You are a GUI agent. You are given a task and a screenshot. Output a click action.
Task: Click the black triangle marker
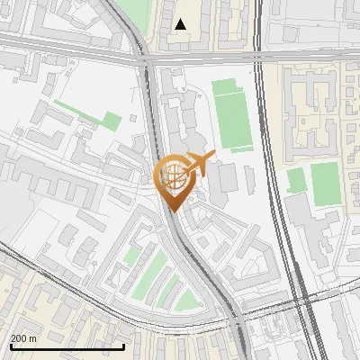pos(182,24)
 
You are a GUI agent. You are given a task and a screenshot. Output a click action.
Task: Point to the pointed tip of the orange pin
pos(175,211)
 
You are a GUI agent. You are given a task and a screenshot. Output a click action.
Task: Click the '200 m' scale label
pos(24,338)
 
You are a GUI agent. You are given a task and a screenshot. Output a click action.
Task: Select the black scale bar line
pos(67,346)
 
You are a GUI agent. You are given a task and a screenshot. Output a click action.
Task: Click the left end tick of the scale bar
pos(10,345)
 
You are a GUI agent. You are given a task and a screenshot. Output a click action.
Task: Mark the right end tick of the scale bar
pos(123,345)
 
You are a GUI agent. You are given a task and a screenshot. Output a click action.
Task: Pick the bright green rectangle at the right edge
pos(325,184)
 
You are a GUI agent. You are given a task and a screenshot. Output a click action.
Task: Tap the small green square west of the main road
pos(111,121)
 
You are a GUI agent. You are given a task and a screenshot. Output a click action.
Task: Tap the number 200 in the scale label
pos(19,338)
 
